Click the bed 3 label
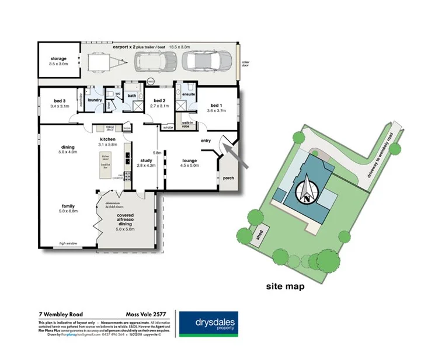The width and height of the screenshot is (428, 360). point(60,103)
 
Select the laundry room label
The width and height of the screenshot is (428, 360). point(95,100)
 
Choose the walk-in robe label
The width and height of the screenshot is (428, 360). point(188,124)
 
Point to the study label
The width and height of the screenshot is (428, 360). point(147,163)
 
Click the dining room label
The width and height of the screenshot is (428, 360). point(68,149)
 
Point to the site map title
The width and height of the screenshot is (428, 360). point(285,286)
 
